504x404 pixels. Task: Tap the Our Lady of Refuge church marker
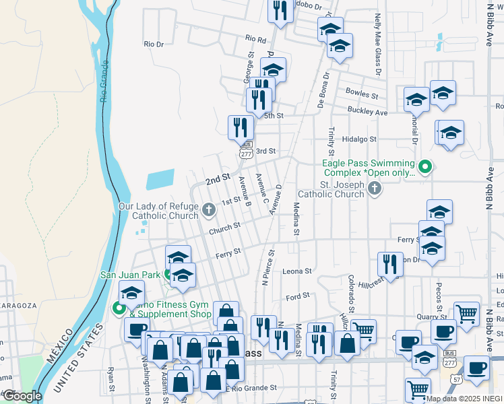coord(209,211)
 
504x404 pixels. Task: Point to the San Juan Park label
coord(131,274)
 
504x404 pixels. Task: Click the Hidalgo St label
coord(358,139)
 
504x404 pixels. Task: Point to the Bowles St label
coord(362,94)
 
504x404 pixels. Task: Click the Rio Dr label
coord(154,44)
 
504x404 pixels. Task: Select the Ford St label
coord(297,296)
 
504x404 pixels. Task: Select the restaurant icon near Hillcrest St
coord(389,264)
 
